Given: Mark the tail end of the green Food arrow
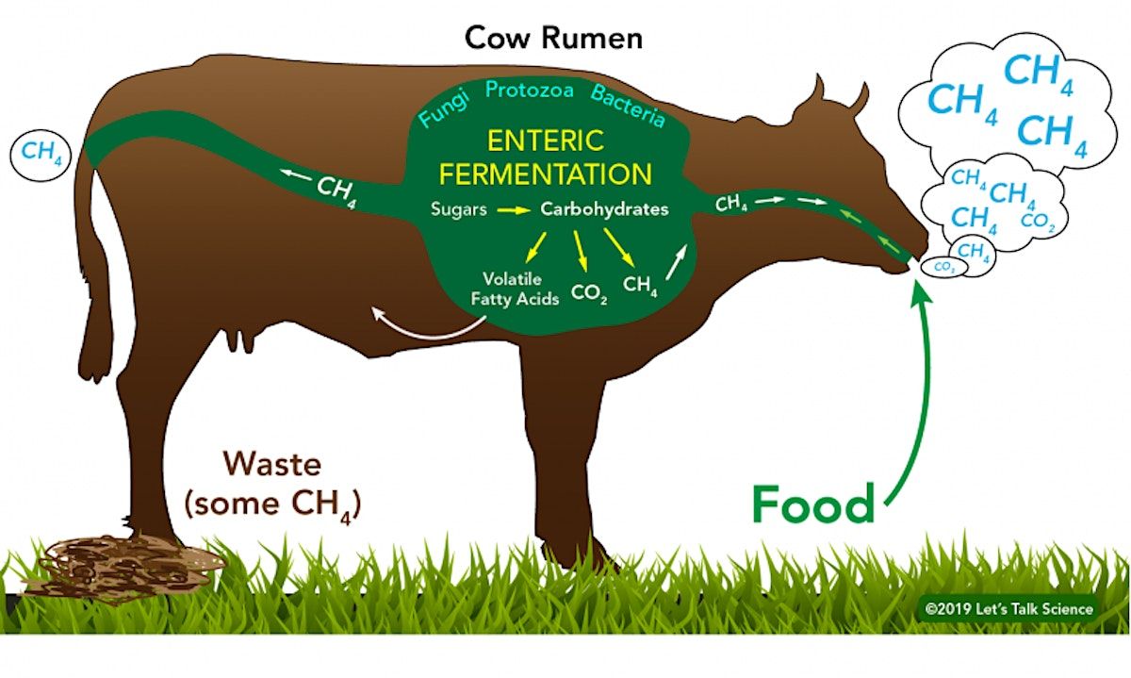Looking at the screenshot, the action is [885, 504].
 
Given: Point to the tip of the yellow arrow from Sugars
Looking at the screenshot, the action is [532, 209].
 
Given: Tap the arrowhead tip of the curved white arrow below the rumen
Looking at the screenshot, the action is [372, 307].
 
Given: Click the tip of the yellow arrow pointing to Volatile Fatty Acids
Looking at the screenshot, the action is [527, 263].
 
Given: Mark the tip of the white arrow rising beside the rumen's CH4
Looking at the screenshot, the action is [687, 245].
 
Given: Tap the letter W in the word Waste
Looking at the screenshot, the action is [241, 463].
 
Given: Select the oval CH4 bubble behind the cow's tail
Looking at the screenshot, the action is [41, 154].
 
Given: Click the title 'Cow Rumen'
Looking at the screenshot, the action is [553, 39].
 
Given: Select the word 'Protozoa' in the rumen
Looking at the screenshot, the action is [529, 91].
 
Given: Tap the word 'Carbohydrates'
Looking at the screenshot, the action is [604, 209].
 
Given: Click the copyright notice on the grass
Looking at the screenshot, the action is [1008, 609].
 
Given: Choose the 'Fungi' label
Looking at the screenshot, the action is [444, 109].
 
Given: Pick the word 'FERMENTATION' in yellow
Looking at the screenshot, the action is [546, 174].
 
